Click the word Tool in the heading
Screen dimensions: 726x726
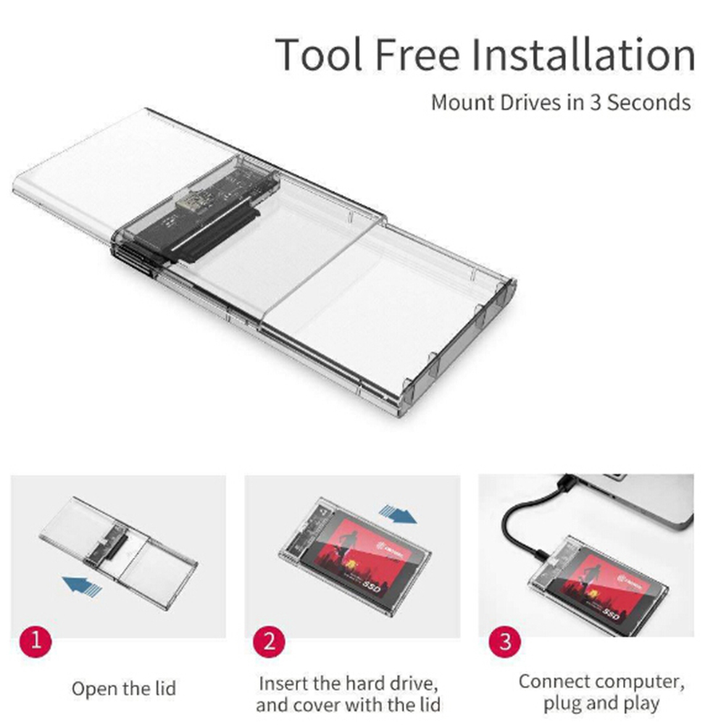click(x=319, y=54)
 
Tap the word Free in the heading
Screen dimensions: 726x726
click(x=417, y=54)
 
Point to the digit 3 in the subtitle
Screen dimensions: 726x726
click(x=595, y=102)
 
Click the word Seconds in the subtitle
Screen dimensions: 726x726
click(x=649, y=102)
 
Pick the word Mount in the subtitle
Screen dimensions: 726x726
click(x=463, y=102)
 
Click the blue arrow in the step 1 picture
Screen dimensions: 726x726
click(x=83, y=585)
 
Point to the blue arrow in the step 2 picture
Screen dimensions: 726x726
click(x=397, y=514)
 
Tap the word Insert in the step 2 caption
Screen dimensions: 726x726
click(x=283, y=683)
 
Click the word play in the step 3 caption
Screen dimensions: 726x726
click(x=641, y=704)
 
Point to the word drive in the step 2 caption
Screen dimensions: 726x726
click(x=412, y=683)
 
